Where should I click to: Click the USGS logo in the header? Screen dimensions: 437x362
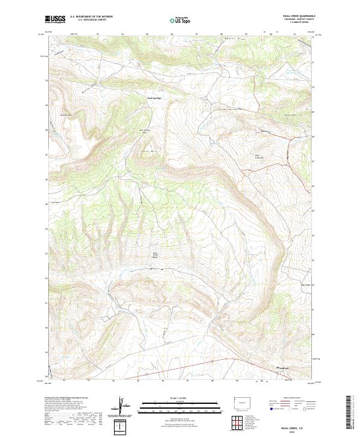(55, 20)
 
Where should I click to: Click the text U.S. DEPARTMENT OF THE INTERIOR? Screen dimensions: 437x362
(91, 17)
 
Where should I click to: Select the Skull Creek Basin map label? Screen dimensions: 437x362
(155, 254)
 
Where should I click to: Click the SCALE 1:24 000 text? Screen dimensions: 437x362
(180, 398)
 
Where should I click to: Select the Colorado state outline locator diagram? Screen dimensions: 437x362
(239, 400)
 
